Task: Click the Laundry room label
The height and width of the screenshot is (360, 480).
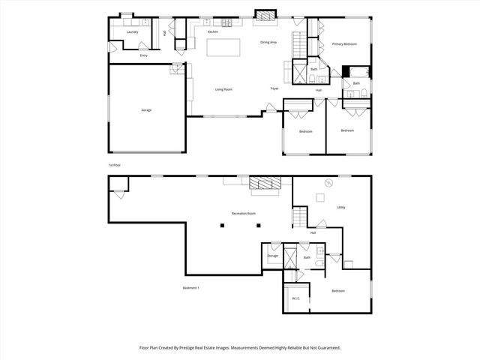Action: [132, 32]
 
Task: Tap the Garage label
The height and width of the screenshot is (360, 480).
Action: [146, 110]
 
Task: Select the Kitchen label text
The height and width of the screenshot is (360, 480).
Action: [213, 32]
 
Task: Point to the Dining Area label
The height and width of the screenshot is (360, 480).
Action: [268, 43]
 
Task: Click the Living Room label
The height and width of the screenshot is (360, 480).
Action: [223, 89]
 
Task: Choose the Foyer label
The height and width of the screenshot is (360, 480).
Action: [275, 88]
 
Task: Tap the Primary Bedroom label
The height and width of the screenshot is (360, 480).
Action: [344, 44]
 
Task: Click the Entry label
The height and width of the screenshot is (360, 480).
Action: [143, 55]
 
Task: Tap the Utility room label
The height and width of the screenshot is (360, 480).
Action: [340, 207]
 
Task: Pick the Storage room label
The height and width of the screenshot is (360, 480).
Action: [272, 256]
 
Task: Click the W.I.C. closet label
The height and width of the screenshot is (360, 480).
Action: [295, 298]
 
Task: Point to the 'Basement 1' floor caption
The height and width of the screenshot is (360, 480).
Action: [190, 288]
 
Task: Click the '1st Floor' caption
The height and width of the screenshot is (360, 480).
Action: [114, 164]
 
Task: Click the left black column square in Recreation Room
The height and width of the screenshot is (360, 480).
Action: [222, 225]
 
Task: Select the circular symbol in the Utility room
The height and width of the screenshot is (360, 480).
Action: [328, 182]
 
